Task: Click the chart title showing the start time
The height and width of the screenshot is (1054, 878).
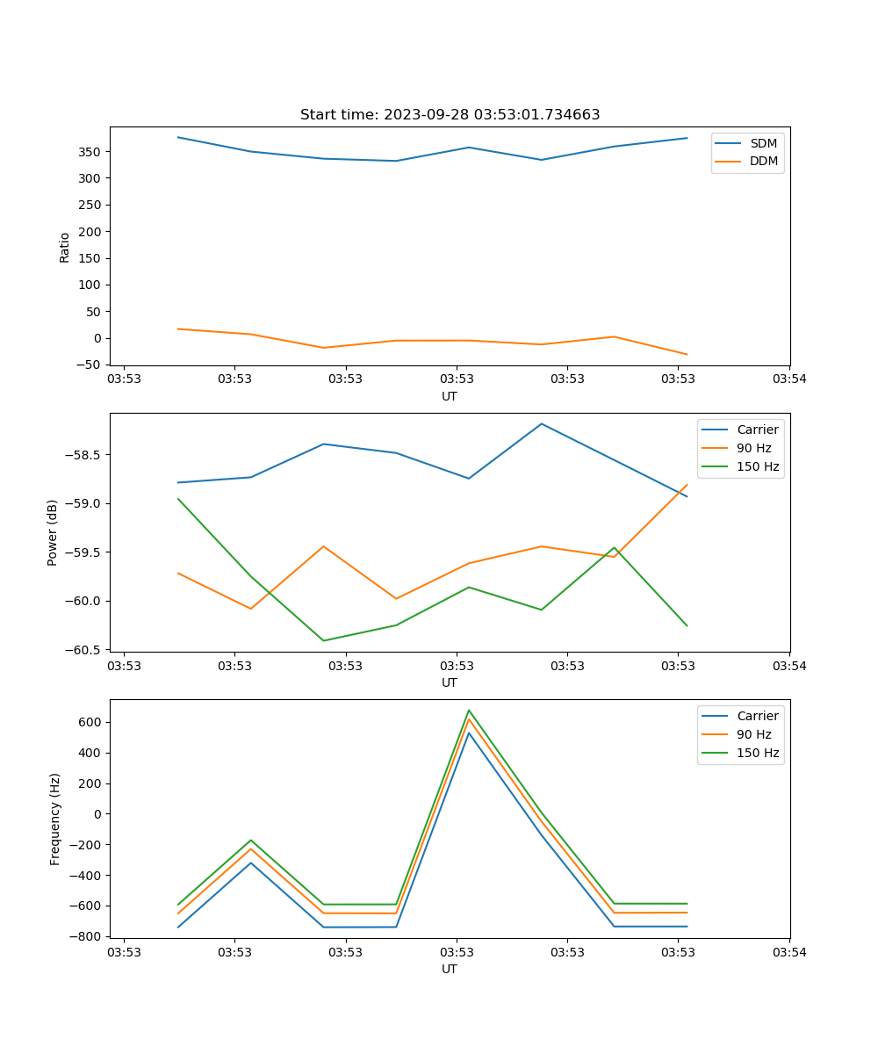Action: tap(450, 115)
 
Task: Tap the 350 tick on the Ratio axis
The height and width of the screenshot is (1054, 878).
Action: tap(91, 152)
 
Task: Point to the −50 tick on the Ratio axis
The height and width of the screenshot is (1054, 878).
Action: tap(88, 365)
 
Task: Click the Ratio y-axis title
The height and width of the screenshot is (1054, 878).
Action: tap(65, 247)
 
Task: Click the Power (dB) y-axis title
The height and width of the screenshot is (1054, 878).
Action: tap(53, 532)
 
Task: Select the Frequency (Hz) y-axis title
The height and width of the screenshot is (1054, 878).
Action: tap(55, 819)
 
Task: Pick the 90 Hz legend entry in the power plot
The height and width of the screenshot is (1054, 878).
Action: tap(753, 448)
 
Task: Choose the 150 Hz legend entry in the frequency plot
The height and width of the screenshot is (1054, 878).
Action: tap(757, 753)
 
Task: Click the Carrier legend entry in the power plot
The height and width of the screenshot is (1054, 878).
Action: tap(757, 430)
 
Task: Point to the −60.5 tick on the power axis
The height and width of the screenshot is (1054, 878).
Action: tap(84, 650)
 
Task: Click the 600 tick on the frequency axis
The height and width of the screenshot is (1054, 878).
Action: tap(91, 722)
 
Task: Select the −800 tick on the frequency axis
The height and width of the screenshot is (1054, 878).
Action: tap(88, 936)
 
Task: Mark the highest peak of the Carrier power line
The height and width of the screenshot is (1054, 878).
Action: tap(542, 423)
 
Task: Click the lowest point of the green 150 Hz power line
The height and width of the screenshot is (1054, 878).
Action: tap(324, 640)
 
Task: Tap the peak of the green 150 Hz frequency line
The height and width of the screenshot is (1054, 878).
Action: tap(469, 710)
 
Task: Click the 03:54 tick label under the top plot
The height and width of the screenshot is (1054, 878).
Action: tap(788, 379)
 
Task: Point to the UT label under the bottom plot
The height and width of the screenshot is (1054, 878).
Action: tap(450, 969)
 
